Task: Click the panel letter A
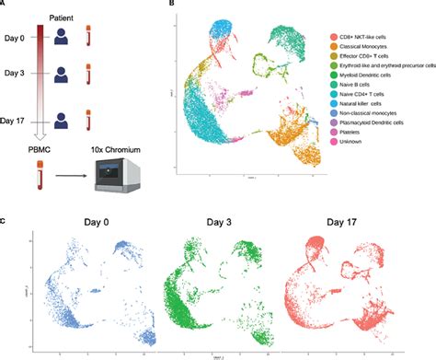click(5, 5)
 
